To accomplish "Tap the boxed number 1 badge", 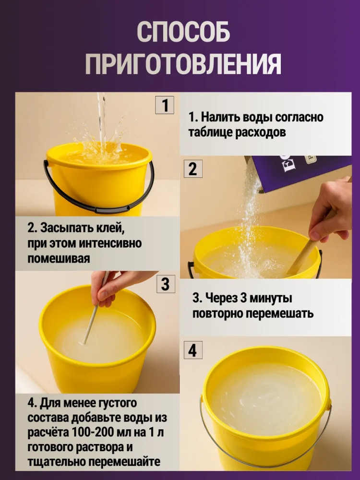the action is [x=165, y=105].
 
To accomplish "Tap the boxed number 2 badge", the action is [x=192, y=168].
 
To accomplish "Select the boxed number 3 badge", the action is [x=166, y=284].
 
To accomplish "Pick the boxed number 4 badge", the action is [x=192, y=350].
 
